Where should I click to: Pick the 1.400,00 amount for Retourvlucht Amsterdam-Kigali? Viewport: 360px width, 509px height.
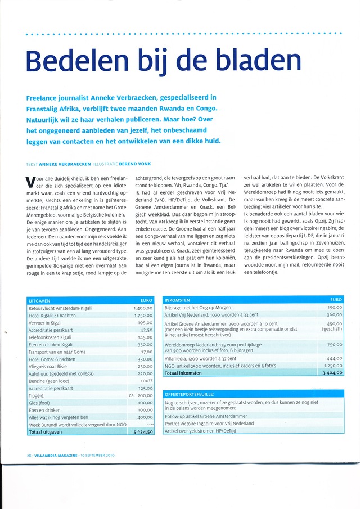(143, 308)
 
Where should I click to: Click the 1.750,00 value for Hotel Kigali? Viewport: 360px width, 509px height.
(143, 316)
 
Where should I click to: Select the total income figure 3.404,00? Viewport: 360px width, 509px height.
(330, 372)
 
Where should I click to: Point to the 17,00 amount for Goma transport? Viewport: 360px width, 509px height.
(147, 352)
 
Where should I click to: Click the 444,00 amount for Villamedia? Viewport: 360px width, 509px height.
(334, 358)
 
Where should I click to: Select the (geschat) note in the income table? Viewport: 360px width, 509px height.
(332, 330)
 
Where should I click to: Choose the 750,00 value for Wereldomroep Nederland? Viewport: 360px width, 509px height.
(334, 345)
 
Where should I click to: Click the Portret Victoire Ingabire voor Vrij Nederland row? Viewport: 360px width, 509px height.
(209, 423)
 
